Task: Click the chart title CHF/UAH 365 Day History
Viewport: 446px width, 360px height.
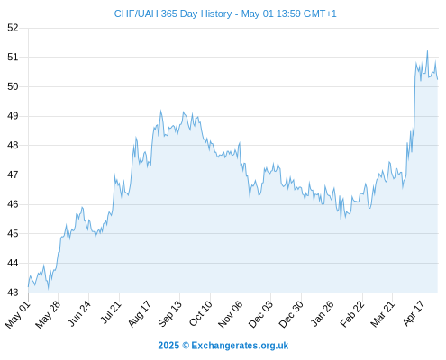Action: [x=173, y=13]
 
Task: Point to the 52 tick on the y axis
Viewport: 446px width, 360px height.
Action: [x=13, y=28]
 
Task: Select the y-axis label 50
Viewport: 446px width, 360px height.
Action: [x=13, y=86]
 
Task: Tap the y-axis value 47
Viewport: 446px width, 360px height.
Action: [x=13, y=175]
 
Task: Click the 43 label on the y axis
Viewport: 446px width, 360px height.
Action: [x=13, y=292]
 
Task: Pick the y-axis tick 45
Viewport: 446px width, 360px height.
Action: [x=13, y=233]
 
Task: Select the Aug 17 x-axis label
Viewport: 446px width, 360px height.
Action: [x=140, y=314]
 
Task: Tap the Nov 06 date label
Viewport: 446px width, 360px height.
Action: [x=231, y=314]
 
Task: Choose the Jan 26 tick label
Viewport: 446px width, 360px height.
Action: [x=322, y=314]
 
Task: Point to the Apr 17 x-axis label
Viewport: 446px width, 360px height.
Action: [x=414, y=313]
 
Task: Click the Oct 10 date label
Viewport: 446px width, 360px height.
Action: [x=200, y=313]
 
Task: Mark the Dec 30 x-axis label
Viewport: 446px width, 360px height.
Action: [x=291, y=314]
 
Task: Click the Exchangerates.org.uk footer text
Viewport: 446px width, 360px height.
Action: [x=240, y=346]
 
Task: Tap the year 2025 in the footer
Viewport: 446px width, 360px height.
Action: [x=168, y=346]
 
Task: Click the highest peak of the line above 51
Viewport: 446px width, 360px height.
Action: [x=427, y=51]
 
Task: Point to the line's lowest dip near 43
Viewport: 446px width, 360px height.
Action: [x=48, y=289]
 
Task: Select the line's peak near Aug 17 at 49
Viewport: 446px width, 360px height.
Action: [x=161, y=111]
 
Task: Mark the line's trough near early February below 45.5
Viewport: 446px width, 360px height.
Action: [x=341, y=220]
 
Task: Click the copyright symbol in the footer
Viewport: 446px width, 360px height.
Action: [x=186, y=346]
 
